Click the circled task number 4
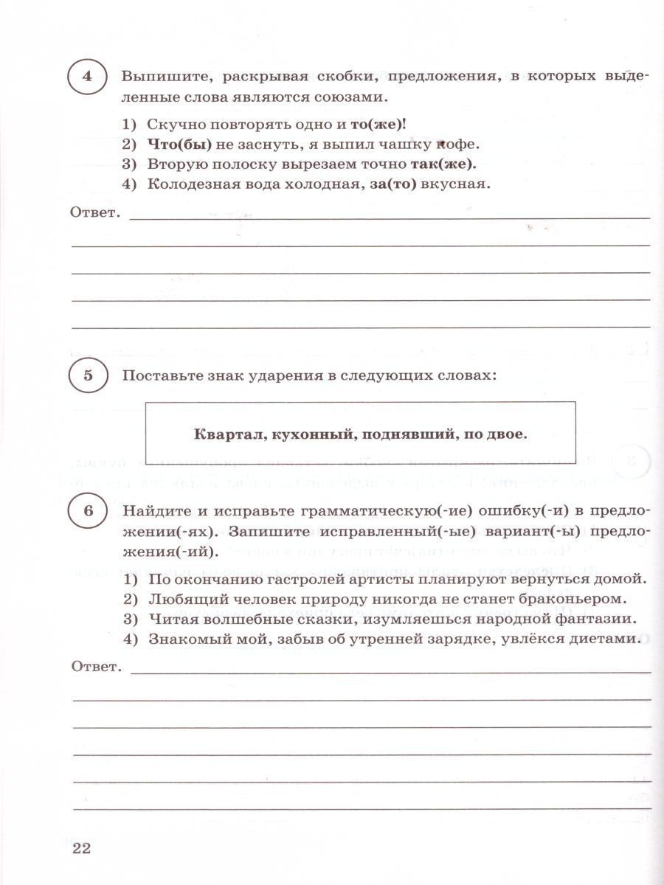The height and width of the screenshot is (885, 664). tap(87, 78)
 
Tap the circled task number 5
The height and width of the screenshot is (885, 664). tap(87, 375)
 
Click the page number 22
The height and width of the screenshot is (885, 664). tap(80, 848)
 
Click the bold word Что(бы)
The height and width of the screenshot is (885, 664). tap(170, 145)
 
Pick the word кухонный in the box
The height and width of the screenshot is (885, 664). tap(303, 434)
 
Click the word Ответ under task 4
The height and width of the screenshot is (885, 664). tap(94, 213)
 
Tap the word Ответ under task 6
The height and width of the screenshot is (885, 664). tap(94, 667)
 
